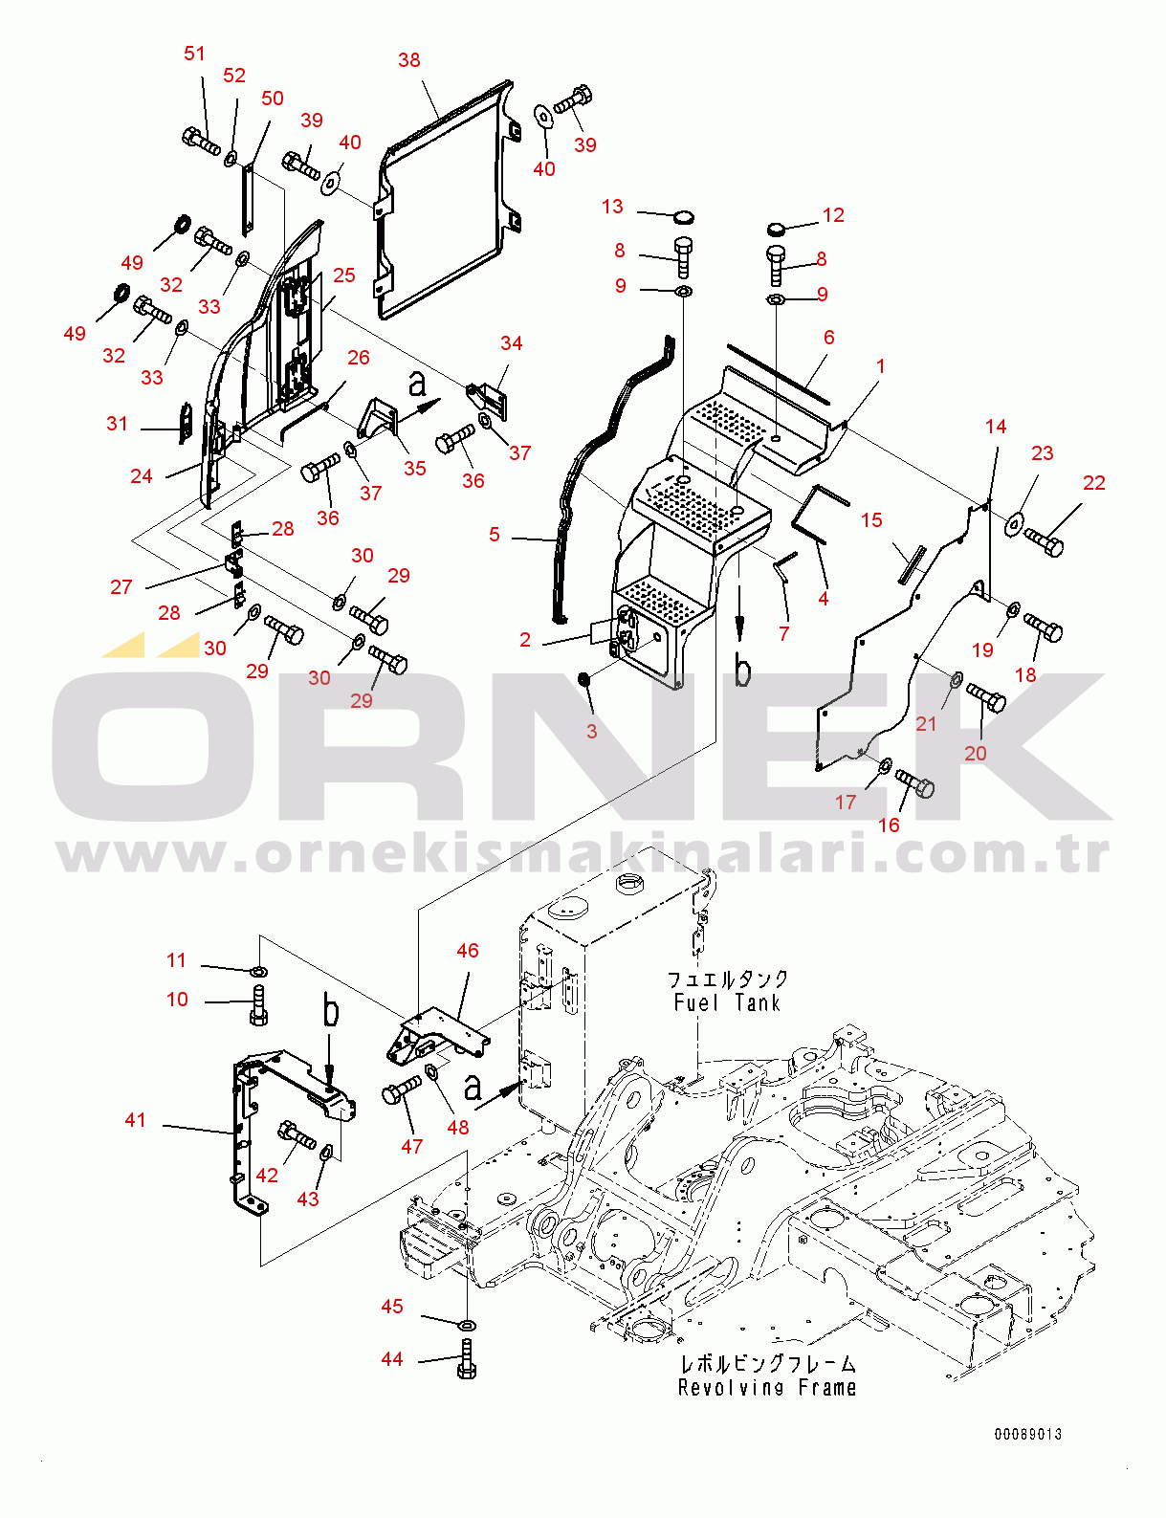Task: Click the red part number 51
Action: point(194,54)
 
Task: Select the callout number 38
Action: point(408,60)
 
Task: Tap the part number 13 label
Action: point(612,207)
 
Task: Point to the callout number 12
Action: point(833,215)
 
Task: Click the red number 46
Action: point(468,951)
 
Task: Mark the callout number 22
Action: point(1094,483)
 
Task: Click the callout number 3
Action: point(592,732)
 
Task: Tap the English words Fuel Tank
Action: point(727,1003)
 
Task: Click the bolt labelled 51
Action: point(201,141)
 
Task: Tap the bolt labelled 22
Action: point(1045,542)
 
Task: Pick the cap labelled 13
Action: point(684,217)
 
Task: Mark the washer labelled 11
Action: point(259,971)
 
